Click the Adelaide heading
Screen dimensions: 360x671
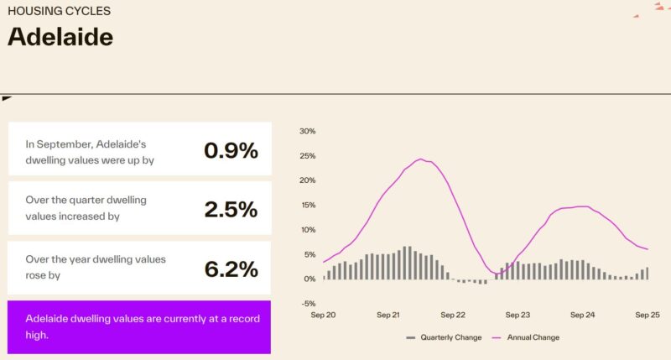[x=60, y=37]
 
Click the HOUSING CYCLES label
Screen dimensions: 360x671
[x=59, y=12]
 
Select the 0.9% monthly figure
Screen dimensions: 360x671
[x=231, y=150]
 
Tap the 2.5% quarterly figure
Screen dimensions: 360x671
[x=231, y=210]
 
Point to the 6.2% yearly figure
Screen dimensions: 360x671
[x=231, y=269]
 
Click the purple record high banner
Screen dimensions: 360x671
[x=139, y=326]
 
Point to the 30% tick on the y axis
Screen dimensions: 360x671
[x=307, y=131]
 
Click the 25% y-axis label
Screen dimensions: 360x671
[x=307, y=156]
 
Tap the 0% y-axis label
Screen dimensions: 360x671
[x=309, y=279]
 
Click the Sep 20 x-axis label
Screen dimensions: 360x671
[x=324, y=316]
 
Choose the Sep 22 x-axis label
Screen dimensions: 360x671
[x=454, y=316]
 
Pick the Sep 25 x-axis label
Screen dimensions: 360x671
[x=648, y=316]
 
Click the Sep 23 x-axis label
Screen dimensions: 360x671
[x=518, y=316]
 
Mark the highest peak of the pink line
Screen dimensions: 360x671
[x=420, y=159]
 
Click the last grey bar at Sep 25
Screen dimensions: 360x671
[x=648, y=273]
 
